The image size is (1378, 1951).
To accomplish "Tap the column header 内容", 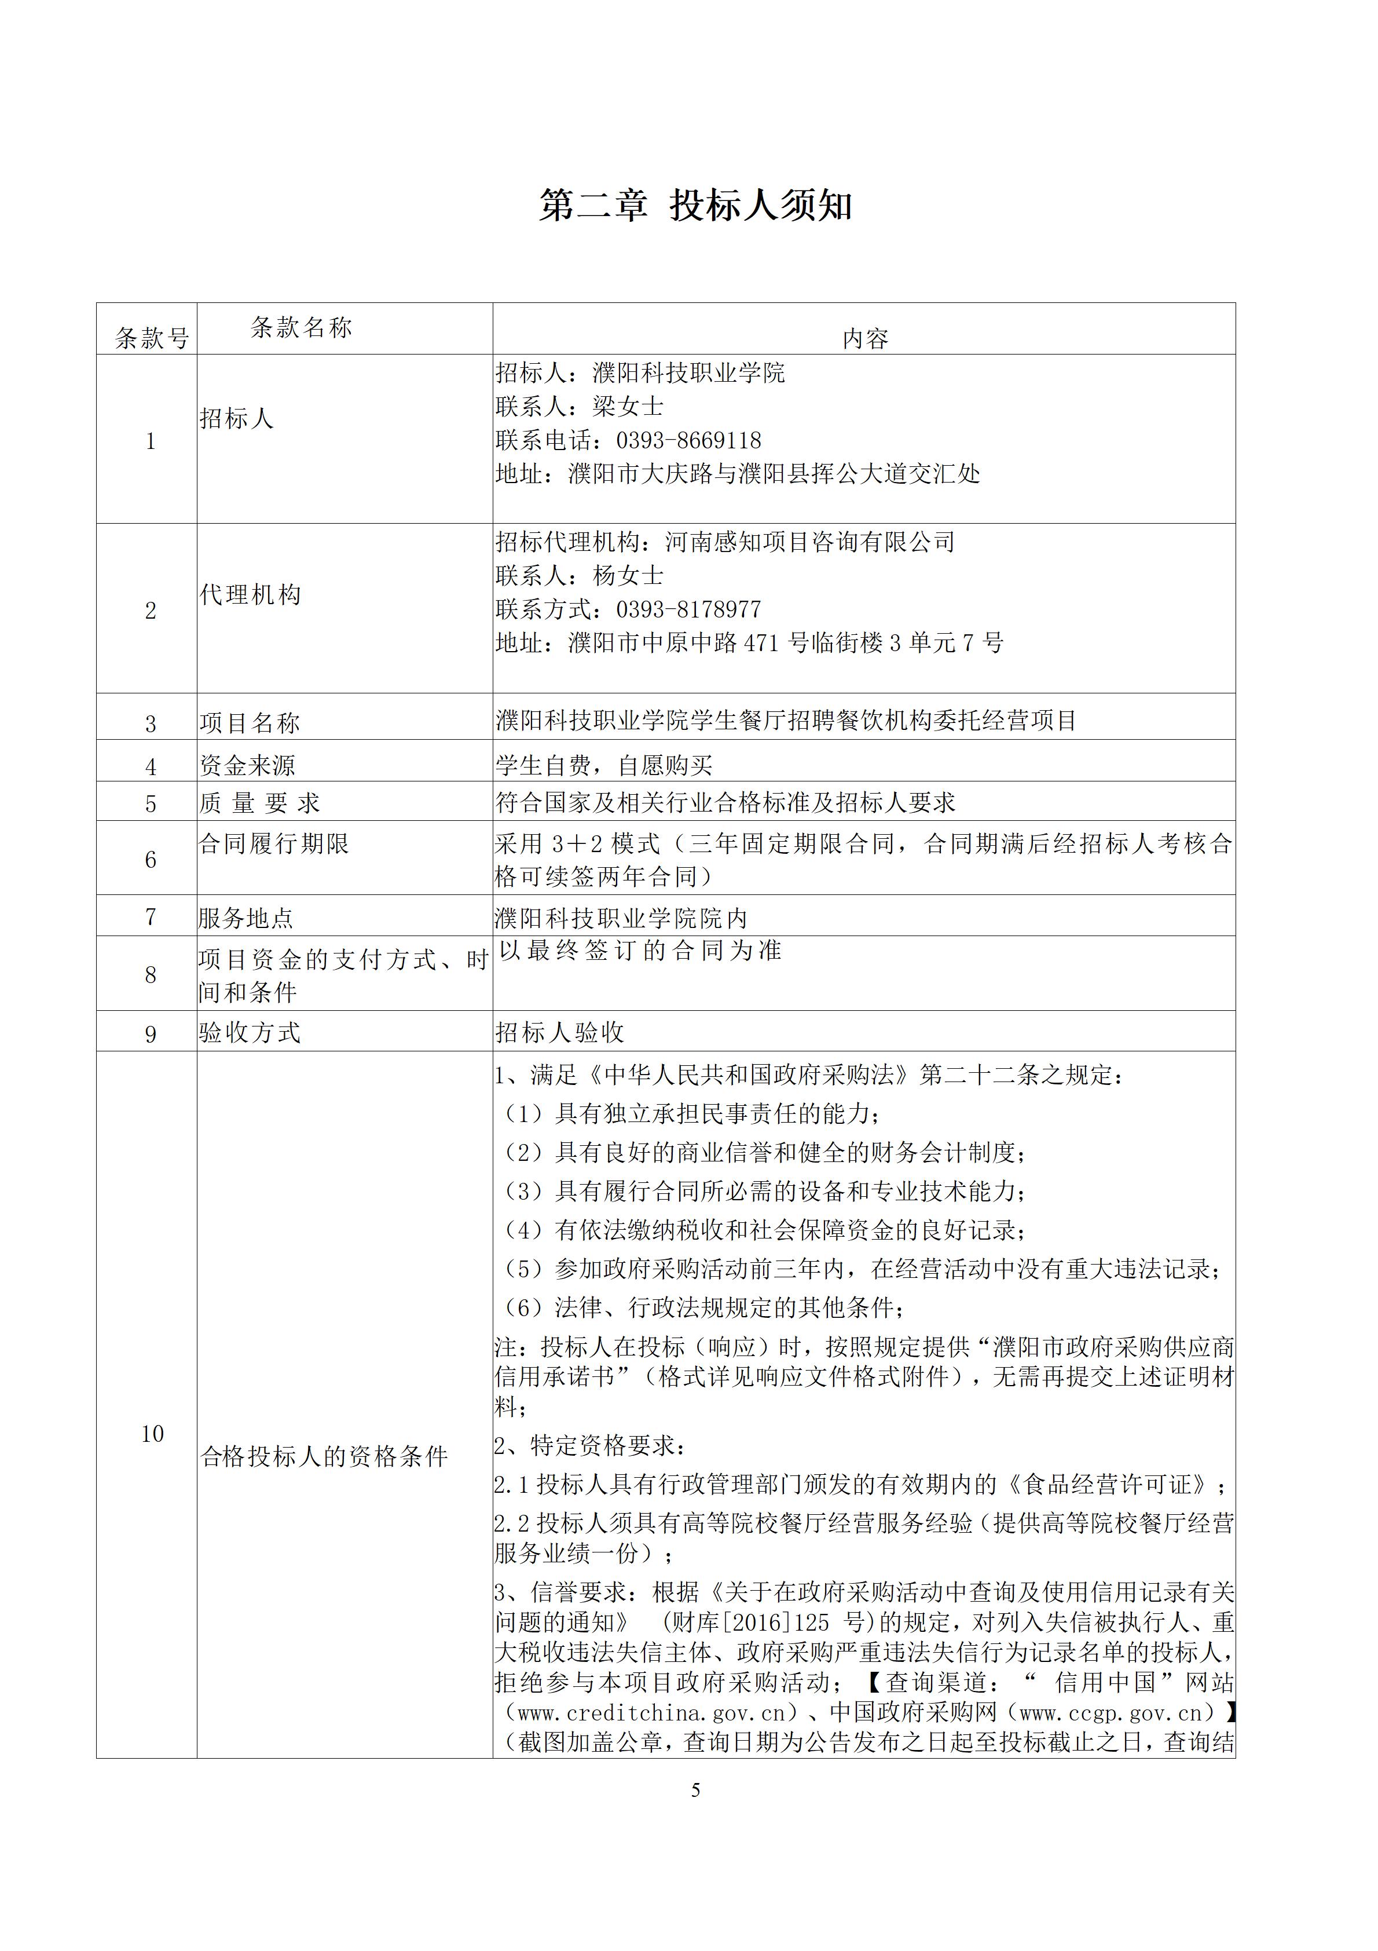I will point(865,339).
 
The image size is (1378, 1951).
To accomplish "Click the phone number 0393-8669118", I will point(688,440).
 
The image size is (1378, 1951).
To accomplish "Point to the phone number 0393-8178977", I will point(688,609).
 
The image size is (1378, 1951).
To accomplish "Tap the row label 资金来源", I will point(247,766).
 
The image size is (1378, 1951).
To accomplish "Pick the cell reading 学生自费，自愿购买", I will point(604,766).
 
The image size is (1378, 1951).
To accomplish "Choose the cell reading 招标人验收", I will point(560,1032).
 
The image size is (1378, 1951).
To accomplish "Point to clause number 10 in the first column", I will point(152,1434).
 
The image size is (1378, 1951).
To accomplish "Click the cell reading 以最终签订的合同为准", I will point(640,951).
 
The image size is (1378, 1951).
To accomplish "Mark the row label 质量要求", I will point(259,803).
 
